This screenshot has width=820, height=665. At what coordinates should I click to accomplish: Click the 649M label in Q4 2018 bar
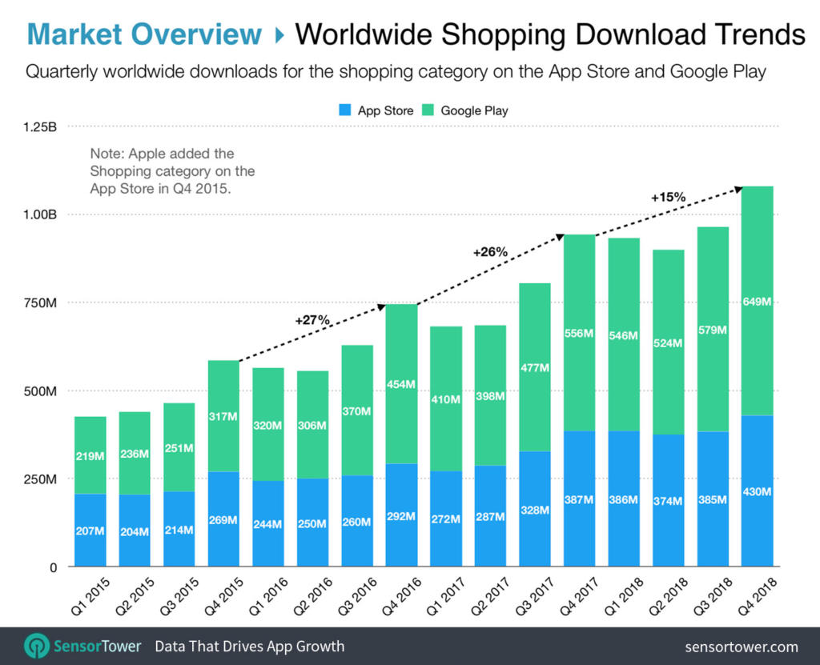click(756, 302)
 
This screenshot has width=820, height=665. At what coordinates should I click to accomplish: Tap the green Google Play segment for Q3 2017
click(534, 367)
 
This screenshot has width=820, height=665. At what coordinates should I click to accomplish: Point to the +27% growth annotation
click(312, 319)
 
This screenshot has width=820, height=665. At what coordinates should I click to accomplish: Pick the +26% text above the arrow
click(490, 251)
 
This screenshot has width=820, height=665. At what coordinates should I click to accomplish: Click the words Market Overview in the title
click(144, 34)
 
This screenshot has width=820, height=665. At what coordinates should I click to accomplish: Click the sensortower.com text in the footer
click(742, 647)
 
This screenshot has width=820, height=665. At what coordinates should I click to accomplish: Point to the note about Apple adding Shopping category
click(172, 170)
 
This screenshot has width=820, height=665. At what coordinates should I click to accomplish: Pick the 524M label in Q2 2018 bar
click(667, 343)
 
